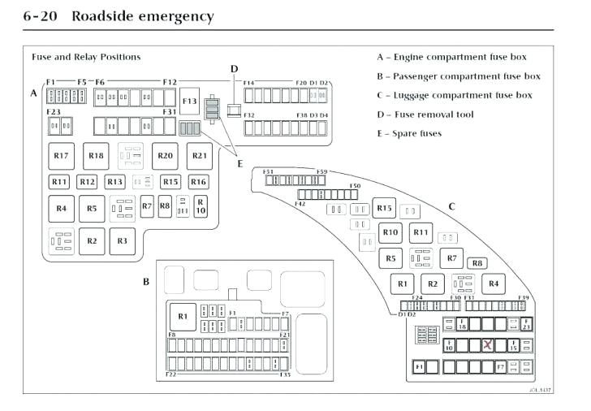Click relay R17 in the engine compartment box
tap(61, 155)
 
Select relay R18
tap(96, 155)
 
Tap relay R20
tap(165, 155)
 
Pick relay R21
tap(199, 155)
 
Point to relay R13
tap(114, 182)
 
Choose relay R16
tap(199, 182)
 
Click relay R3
tap(122, 240)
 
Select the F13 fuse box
tap(190, 102)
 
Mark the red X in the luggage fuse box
tap(488, 345)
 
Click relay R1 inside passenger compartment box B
tap(183, 316)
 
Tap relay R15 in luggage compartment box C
tap(385, 209)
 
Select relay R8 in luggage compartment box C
tap(477, 262)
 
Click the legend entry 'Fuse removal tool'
tap(425, 115)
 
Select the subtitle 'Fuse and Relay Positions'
tap(86, 57)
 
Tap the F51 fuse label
tap(267, 172)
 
